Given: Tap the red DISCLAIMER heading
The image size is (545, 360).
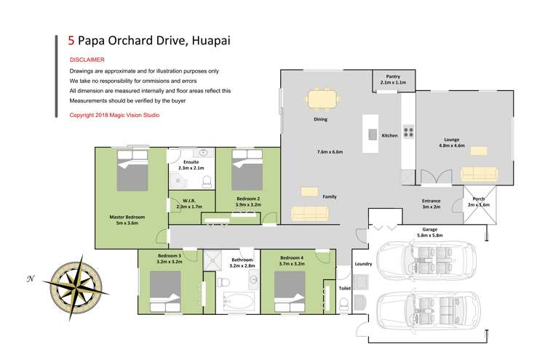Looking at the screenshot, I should (87, 60).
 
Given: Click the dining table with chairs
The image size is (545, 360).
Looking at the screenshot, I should (322, 98).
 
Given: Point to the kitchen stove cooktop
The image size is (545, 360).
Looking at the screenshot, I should (408, 133).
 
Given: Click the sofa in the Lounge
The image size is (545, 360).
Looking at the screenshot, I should (480, 173).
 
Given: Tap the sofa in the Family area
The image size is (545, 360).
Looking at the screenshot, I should (309, 212).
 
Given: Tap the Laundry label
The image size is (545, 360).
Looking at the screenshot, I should (363, 264).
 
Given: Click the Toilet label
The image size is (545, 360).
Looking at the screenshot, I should (345, 289).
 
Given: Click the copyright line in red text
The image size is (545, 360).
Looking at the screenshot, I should (114, 115).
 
